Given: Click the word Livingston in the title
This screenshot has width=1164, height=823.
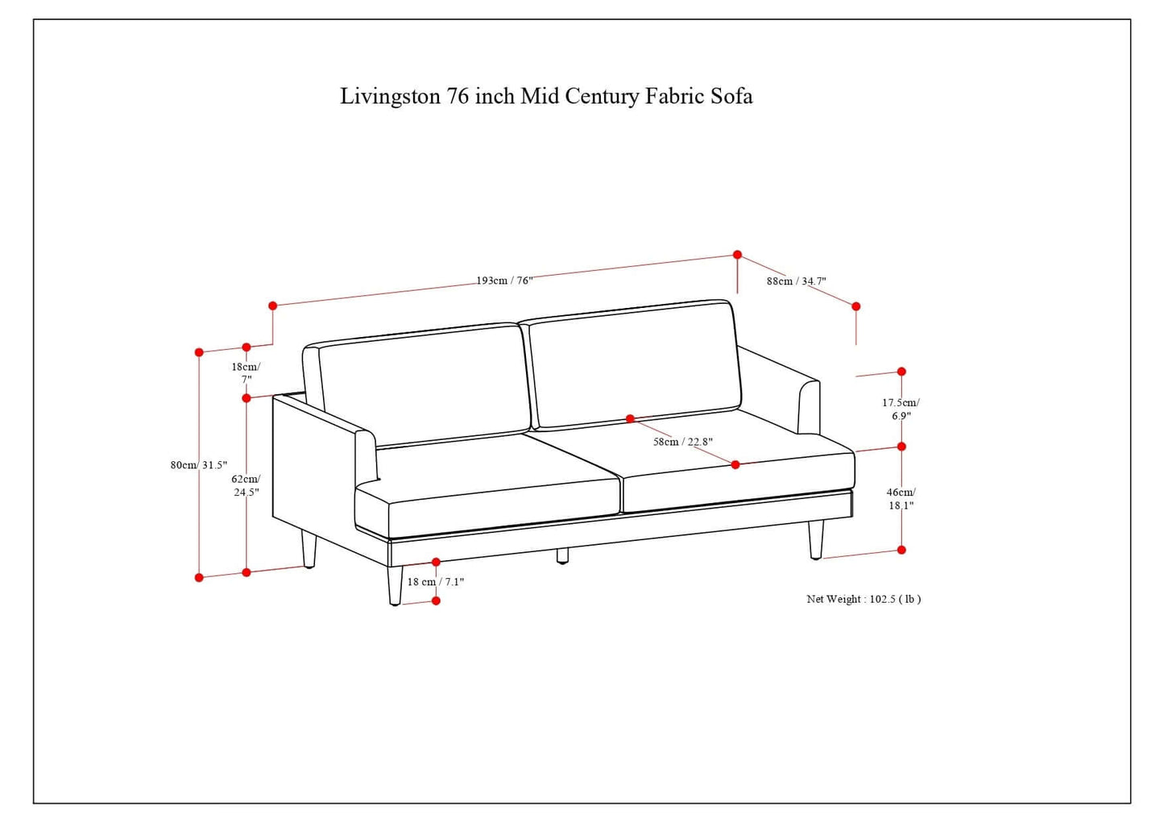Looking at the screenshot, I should click(390, 96).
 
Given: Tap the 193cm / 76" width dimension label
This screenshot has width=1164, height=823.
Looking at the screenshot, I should click(504, 281).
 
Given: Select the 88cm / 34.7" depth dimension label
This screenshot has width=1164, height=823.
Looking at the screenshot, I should click(796, 281).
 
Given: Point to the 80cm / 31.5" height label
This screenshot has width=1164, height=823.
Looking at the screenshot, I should click(199, 465).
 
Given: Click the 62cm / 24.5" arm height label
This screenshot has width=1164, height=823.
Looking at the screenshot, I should click(246, 485).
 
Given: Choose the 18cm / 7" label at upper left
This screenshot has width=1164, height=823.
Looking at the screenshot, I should click(246, 372).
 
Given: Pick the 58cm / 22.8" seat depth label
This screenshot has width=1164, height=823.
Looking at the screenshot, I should click(682, 442).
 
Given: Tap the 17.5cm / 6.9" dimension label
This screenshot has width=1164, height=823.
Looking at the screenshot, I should click(901, 409).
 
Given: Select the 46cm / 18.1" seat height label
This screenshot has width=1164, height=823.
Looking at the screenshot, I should click(901, 498).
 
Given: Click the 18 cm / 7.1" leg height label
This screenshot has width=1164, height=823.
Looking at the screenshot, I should click(436, 581).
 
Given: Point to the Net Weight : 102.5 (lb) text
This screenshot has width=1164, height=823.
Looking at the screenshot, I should click(864, 599).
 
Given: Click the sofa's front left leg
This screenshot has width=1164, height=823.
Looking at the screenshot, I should click(395, 585).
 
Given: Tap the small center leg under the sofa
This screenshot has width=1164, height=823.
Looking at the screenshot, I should click(562, 555).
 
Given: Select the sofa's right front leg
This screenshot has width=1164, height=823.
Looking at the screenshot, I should click(816, 539).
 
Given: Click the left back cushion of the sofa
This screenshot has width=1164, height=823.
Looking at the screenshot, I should click(424, 384).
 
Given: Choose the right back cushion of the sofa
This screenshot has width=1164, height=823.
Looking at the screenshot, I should click(635, 364).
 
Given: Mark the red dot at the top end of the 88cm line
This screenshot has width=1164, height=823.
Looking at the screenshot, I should click(737, 255).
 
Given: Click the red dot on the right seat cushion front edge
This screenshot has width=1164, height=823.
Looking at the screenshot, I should click(735, 464).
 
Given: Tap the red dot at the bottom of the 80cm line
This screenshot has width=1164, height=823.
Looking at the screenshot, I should click(199, 577).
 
